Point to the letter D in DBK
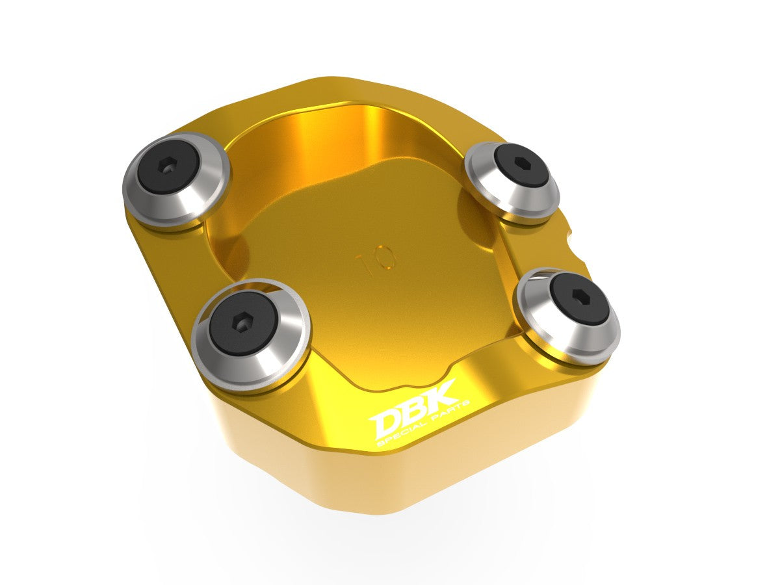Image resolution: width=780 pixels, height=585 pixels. [386, 424]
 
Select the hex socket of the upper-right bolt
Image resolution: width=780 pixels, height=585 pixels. [520, 162]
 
